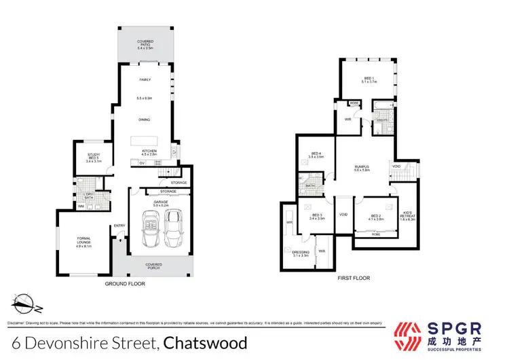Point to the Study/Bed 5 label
[x=94, y=158]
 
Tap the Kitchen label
[x=148, y=152]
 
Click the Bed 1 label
[x=367, y=79]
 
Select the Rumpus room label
[x=362, y=168]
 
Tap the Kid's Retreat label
[x=408, y=216]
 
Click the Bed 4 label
[x=317, y=155]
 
